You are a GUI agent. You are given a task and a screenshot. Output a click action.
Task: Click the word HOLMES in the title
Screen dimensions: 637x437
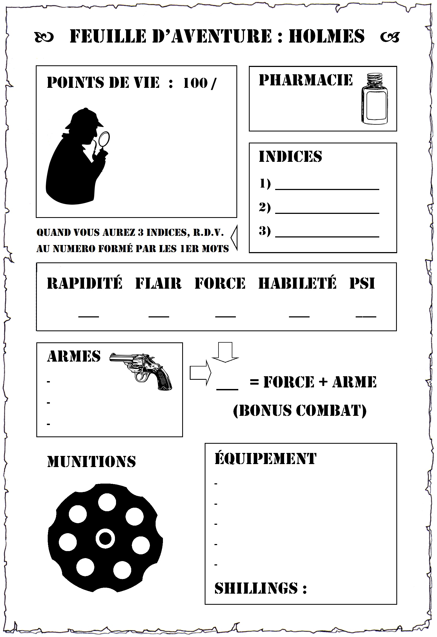coord(326,36)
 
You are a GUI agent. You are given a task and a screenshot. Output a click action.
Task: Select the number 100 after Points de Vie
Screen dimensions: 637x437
coord(195,83)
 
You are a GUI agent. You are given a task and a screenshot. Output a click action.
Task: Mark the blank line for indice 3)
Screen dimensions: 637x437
coord(327,236)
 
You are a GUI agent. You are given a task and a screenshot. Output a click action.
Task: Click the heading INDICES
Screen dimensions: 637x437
coord(290,156)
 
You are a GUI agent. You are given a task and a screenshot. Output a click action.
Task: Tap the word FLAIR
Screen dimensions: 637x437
coord(158,284)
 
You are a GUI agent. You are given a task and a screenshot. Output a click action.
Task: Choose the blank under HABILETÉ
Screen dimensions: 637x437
coord(299,317)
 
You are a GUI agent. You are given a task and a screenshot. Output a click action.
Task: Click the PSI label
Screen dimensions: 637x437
coord(362,284)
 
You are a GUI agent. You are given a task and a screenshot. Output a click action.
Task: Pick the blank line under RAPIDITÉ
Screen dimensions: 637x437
coord(89,317)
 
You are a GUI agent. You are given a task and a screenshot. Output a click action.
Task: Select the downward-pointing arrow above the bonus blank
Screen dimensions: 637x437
coord(225,352)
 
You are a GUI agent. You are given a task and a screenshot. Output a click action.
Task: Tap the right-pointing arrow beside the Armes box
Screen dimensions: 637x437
coord(200,373)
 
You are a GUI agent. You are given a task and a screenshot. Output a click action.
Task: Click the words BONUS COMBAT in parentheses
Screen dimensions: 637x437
coord(300,410)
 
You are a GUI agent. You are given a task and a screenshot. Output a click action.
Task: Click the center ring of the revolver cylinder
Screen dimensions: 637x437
coord(105,539)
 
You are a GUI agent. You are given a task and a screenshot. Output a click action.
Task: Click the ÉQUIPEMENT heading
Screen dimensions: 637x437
coord(265,459)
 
